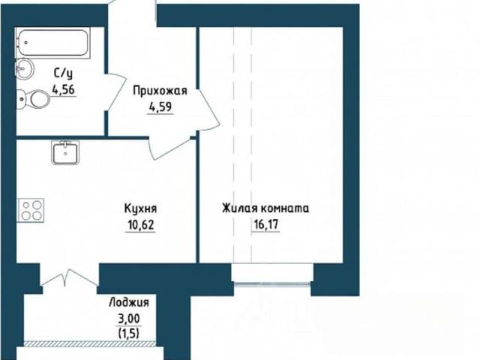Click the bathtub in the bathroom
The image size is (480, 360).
(x=52, y=43)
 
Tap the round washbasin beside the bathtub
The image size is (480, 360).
(x=25, y=68)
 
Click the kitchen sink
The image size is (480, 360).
(x=65, y=152)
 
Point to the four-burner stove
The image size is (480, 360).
(x=31, y=210)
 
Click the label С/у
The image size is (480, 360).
(x=64, y=74)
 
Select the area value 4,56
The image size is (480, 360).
(x=64, y=90)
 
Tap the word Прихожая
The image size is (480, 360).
(x=160, y=91)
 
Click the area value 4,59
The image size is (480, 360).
(x=160, y=107)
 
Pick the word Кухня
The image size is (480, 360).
(x=140, y=209)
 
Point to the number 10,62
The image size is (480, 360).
(x=141, y=225)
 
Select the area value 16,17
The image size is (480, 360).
(x=265, y=225)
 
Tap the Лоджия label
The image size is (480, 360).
(x=129, y=303)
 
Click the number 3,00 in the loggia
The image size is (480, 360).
(x=129, y=319)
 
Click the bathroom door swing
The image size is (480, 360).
(x=116, y=91)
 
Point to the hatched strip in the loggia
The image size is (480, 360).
(x=90, y=343)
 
